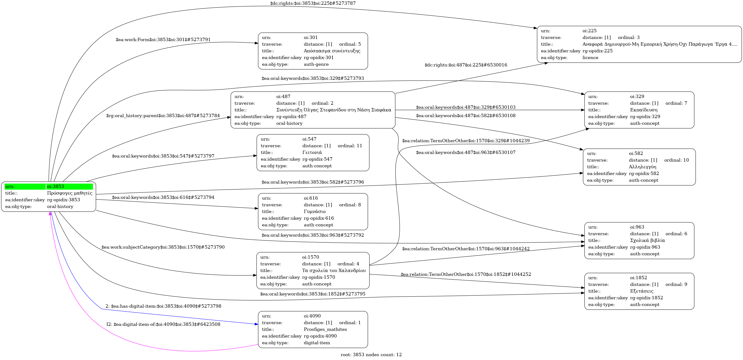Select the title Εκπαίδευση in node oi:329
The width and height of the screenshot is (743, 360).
644,110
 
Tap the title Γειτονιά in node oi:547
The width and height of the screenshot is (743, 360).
312,152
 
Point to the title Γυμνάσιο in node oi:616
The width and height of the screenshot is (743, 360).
314,212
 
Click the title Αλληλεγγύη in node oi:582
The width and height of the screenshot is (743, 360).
642,167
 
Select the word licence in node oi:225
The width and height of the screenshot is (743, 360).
590,57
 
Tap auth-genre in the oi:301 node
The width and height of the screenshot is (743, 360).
316,64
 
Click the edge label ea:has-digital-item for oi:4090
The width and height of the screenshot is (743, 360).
163,306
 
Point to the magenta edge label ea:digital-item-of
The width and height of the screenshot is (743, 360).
163,324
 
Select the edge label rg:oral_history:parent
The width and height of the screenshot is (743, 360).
163,116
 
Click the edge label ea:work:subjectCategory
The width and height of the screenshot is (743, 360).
163,247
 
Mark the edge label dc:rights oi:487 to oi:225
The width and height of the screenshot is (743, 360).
465,65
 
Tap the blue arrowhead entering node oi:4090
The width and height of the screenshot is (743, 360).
256,324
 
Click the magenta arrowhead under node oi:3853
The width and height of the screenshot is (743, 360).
50,213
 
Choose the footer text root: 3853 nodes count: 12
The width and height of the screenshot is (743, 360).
371,355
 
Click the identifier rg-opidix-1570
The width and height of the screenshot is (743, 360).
318,277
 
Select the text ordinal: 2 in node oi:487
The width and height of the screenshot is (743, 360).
322,103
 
